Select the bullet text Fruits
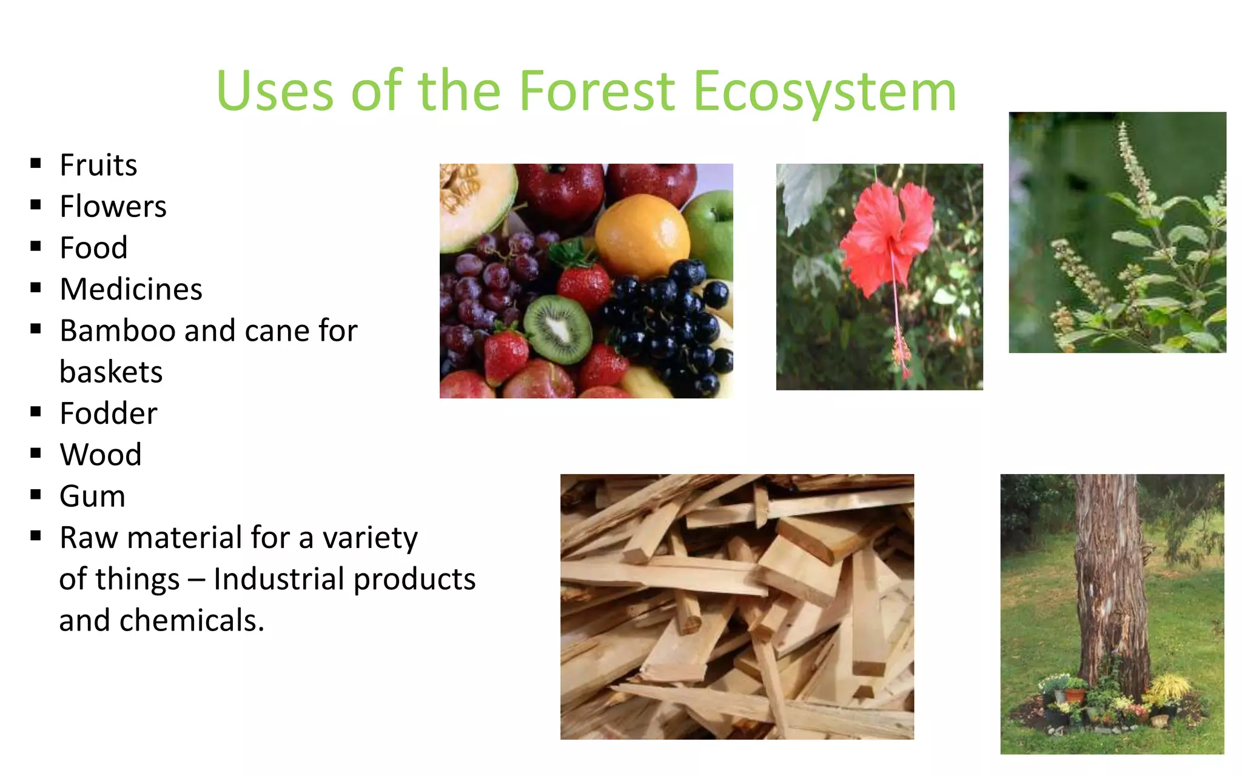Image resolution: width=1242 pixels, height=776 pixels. point(98,166)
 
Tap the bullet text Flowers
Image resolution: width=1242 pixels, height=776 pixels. point(113,207)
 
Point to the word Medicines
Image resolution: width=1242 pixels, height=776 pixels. point(131,289)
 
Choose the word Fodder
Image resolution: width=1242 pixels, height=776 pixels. point(109,413)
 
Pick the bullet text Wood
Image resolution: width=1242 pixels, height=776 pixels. point(101,455)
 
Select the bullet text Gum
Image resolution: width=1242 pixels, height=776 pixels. point(92,497)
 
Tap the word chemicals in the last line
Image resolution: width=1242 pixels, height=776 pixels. point(192,620)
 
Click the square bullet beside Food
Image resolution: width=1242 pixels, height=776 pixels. point(36,247)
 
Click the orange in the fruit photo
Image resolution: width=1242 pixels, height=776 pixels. point(642,236)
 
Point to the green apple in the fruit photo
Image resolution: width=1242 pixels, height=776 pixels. point(711,230)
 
